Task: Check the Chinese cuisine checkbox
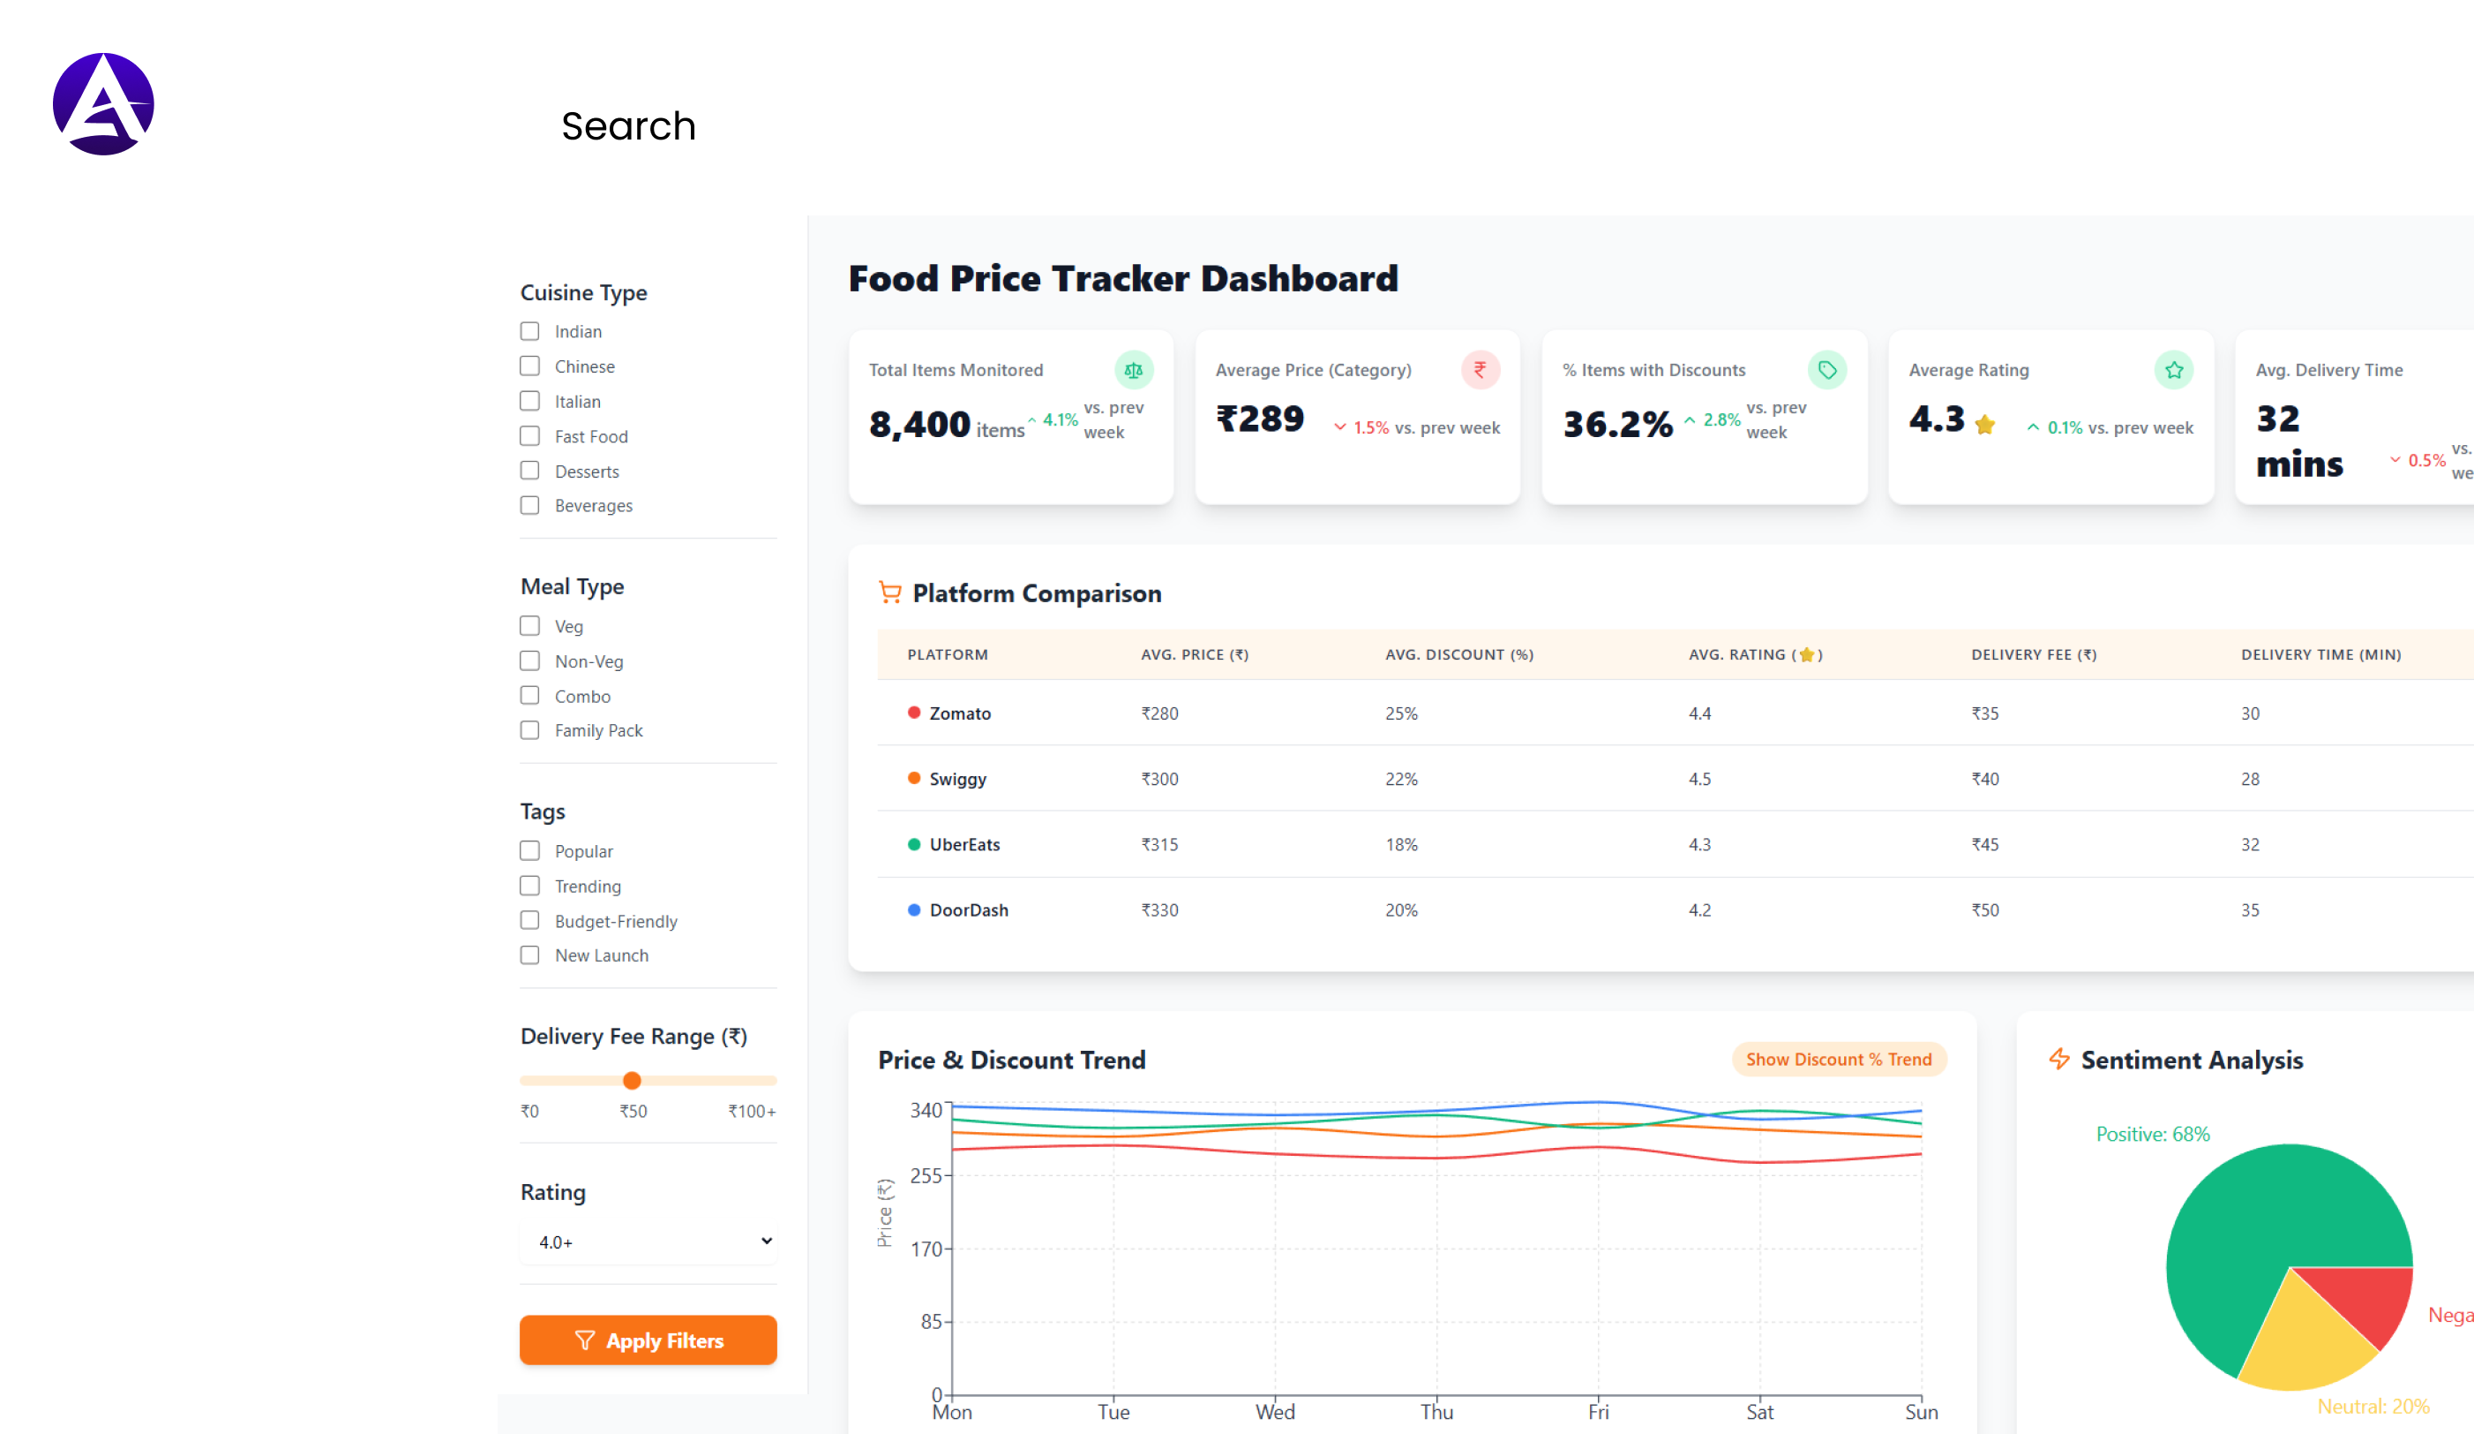[529, 366]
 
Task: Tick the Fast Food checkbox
[529, 436]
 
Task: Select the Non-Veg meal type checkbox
[529, 661]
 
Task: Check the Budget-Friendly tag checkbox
[529, 920]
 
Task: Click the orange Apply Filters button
[648, 1340]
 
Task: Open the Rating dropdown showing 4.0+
[648, 1242]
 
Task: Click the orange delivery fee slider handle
[633, 1081]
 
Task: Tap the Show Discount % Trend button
[1838, 1059]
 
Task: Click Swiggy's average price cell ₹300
[1159, 779]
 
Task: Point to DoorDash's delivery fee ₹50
[1984, 909]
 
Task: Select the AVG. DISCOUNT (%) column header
[1458, 654]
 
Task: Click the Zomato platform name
[959, 713]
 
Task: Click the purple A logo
[103, 104]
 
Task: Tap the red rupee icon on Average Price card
[1480, 369]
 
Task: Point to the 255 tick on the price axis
[926, 1175]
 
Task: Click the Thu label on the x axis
[1436, 1411]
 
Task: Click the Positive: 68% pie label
[2152, 1134]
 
